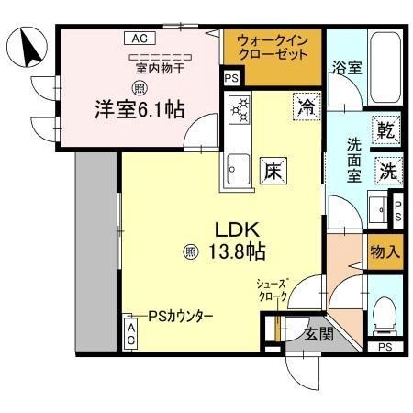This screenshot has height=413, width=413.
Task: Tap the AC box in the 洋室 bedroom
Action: (139, 39)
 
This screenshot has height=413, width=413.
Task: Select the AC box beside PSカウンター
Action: (132, 332)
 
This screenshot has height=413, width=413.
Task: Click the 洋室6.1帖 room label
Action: (140, 109)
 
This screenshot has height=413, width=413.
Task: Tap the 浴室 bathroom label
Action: (346, 67)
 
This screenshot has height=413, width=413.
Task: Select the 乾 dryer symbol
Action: (386, 130)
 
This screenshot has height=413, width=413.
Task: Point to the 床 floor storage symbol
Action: (273, 169)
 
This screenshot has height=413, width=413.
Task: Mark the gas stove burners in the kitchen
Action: (240, 111)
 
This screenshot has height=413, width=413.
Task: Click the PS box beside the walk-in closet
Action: (232, 79)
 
